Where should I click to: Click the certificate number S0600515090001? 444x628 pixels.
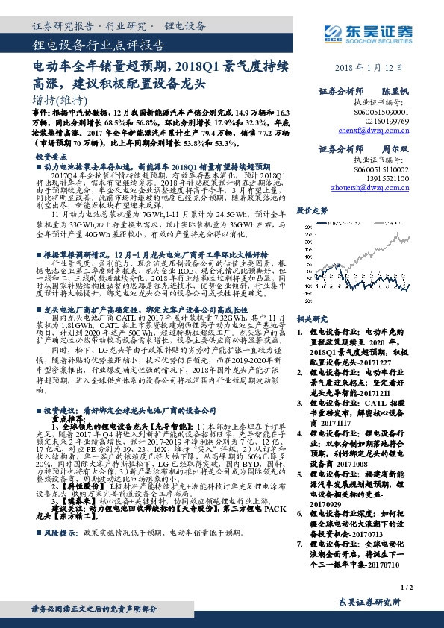coord(384,110)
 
